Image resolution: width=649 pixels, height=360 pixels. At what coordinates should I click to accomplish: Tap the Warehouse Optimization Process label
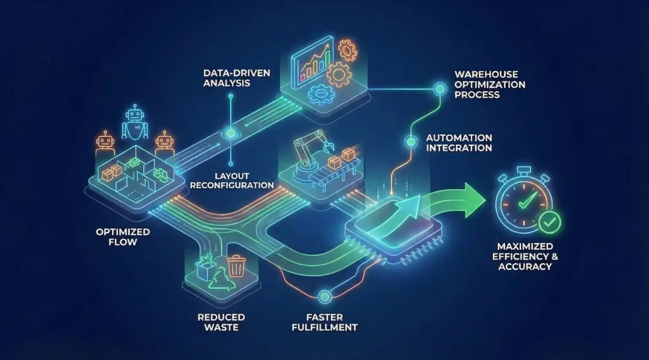click(490, 84)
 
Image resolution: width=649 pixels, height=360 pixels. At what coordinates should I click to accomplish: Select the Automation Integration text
click(459, 143)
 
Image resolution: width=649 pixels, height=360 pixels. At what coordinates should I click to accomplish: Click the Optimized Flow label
click(123, 237)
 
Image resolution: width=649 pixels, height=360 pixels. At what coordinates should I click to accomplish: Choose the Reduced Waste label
click(221, 322)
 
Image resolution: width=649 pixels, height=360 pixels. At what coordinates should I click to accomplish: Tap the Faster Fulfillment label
click(324, 322)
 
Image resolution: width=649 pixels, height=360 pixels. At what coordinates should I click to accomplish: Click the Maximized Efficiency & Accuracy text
click(522, 257)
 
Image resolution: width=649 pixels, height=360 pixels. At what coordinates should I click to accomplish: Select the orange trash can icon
click(236, 267)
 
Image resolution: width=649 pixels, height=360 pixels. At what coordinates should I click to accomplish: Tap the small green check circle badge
click(550, 220)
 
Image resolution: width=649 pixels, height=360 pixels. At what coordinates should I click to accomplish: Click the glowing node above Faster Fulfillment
click(325, 296)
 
